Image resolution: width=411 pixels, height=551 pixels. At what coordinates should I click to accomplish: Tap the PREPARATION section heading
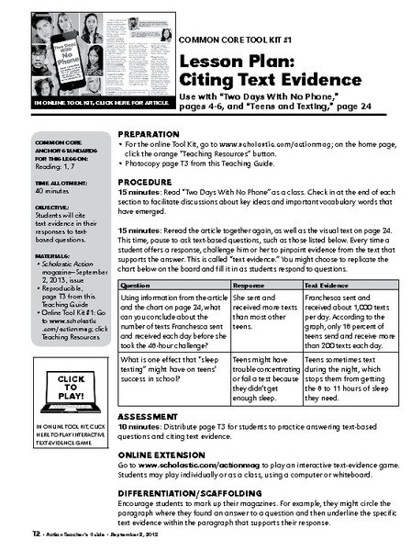click(x=150, y=132)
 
